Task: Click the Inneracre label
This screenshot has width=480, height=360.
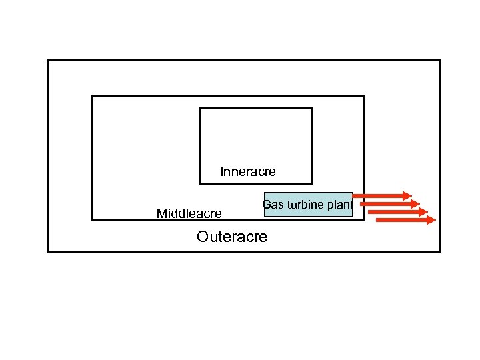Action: pos(247,172)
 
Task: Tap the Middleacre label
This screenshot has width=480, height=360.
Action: pos(189,214)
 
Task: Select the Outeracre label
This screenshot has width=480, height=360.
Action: pos(232,237)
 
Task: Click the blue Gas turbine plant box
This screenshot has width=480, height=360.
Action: pos(307,205)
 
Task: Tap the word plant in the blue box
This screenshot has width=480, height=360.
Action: pos(341,205)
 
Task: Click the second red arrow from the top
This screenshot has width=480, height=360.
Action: pos(389,203)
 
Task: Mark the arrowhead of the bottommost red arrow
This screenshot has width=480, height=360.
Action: pos(430,219)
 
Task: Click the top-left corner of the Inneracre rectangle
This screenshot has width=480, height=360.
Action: pos(200,108)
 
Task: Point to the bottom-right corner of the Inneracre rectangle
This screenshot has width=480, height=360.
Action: pos(312,183)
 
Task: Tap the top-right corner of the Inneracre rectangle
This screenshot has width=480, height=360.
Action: pos(312,108)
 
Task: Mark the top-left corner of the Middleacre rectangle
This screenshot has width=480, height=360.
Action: pos(92,96)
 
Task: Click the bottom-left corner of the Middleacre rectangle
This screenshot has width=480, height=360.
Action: pos(92,219)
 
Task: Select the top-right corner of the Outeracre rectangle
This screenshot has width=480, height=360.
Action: pos(440,60)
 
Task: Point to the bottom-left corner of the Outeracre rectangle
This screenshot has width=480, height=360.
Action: pos(48,251)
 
